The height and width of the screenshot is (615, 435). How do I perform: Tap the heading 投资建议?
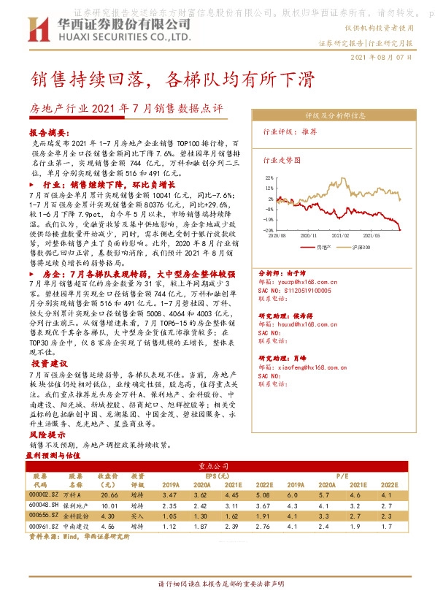[x=50, y=363]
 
